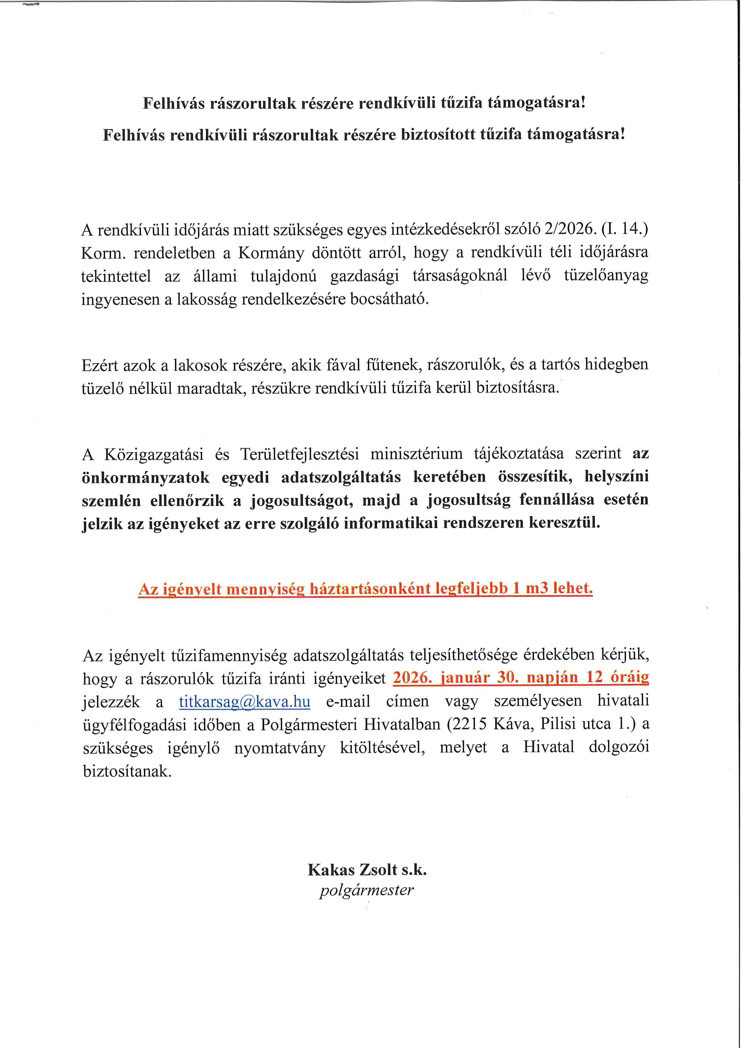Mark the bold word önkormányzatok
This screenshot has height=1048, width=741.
146,477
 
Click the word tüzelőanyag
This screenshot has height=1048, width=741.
606,276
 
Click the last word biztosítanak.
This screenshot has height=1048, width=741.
127,772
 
